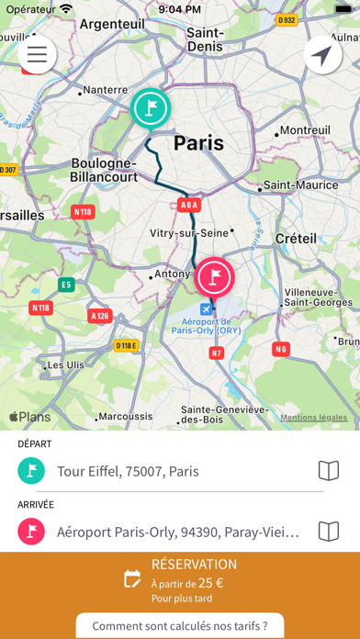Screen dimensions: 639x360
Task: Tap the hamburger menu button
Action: (37, 55)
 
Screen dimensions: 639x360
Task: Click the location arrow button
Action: (322, 56)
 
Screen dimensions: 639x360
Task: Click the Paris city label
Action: (198, 142)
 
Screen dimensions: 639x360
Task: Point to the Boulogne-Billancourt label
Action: (105, 170)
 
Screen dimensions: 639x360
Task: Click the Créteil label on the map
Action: (296, 238)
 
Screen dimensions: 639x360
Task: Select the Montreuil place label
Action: (305, 130)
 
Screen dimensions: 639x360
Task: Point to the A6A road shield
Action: (189, 206)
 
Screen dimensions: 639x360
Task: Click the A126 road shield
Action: (101, 316)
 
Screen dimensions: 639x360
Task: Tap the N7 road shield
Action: (217, 353)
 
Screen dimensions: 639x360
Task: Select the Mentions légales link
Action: (314, 418)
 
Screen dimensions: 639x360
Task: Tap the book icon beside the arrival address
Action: (328, 531)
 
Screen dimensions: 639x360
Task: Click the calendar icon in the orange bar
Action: (133, 578)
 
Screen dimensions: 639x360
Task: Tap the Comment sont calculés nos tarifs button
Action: (180, 626)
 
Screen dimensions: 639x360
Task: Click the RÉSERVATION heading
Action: (194, 564)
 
